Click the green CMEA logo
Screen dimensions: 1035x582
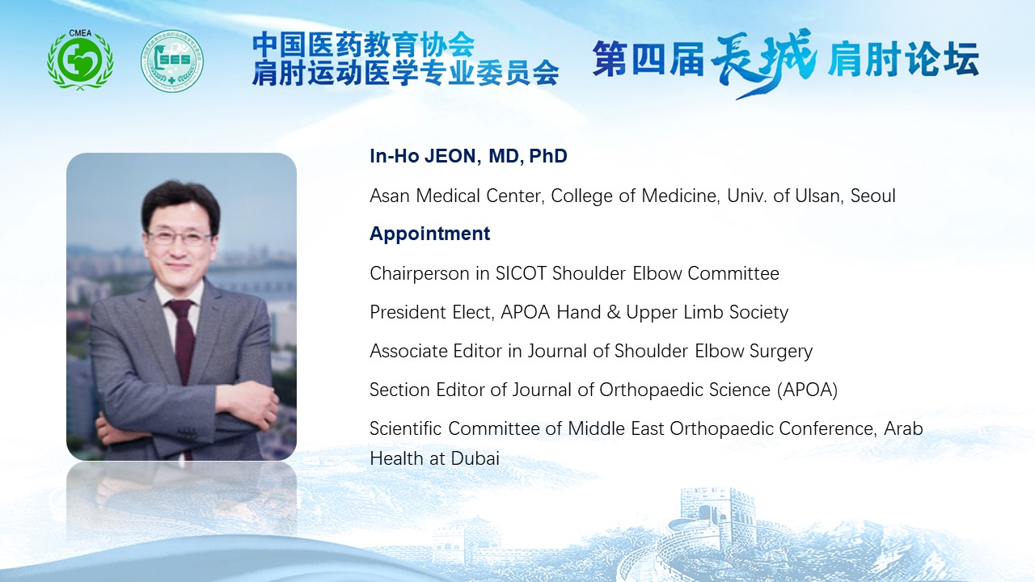[80, 60]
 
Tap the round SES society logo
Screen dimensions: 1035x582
[172, 61]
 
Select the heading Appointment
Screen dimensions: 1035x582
[429, 234]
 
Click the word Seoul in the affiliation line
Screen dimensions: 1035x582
[872, 196]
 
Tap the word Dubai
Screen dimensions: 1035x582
[475, 458]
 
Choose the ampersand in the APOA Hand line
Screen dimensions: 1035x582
[613, 312]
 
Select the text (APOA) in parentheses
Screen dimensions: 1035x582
[807, 390]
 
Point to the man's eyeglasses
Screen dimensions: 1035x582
[179, 238]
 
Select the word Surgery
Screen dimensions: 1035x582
[781, 352]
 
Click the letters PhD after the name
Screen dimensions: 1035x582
[548, 156]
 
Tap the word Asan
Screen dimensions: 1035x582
[389, 196]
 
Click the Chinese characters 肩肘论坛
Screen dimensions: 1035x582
[903, 60]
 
